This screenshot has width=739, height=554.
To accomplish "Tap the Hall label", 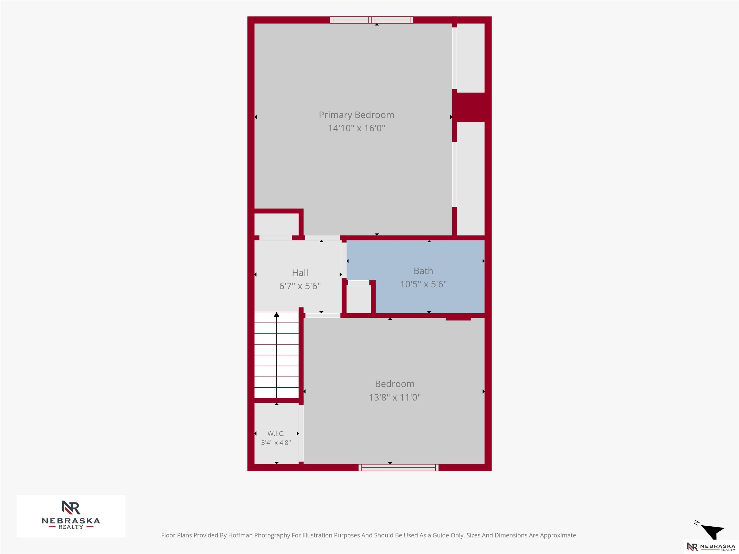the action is tap(300, 273).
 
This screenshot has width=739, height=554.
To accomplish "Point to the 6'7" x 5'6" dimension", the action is tap(300, 286).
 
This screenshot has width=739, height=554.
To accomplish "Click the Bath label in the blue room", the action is tap(423, 271).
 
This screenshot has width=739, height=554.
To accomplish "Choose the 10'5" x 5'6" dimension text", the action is tap(423, 284).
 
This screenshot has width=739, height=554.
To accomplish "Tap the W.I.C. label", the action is tap(276, 434).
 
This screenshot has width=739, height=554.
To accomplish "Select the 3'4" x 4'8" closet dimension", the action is tap(276, 442).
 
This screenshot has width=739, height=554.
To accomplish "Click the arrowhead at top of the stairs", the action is tap(277, 315).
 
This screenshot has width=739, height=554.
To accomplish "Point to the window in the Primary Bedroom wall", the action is tap(371, 20).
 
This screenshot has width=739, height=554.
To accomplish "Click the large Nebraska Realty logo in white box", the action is tap(71, 516).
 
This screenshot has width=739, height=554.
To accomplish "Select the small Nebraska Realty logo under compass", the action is tap(711, 547).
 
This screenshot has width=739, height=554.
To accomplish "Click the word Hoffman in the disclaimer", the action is tap(240, 535).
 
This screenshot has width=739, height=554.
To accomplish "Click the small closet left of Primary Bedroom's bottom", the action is tap(276, 224).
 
